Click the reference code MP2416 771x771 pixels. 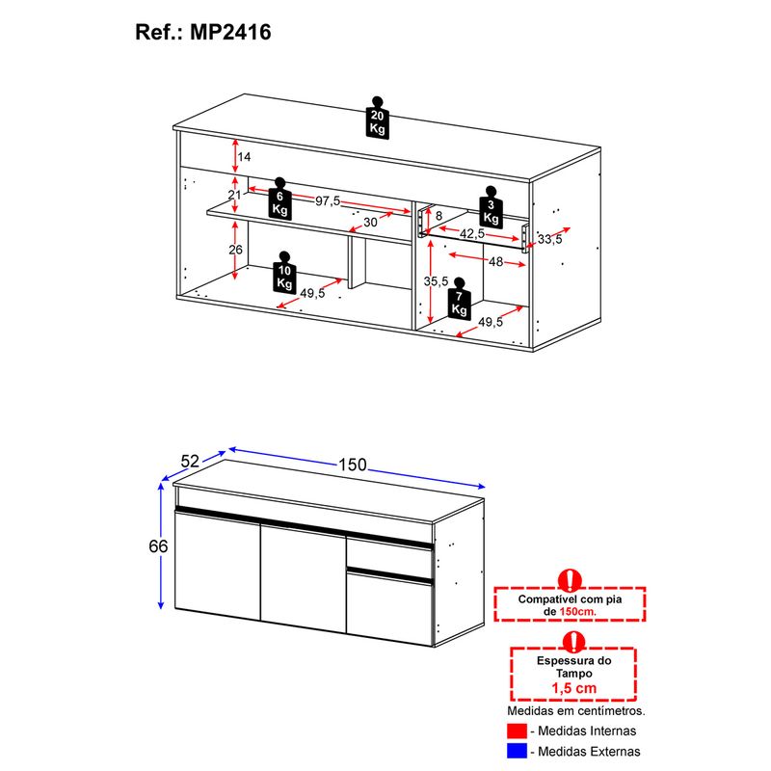pyautogui.click(x=230, y=33)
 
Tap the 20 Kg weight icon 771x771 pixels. pyautogui.click(x=377, y=118)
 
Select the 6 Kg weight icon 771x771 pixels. pyautogui.click(x=279, y=199)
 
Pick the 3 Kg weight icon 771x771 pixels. pyautogui.click(x=491, y=207)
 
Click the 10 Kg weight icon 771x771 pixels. pyautogui.click(x=284, y=273)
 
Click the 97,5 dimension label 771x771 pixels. pyautogui.click(x=328, y=201)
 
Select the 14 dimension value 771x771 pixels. pyautogui.click(x=244, y=157)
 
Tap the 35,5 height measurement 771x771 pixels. pyautogui.click(x=437, y=281)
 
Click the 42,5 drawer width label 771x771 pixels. pyautogui.click(x=472, y=234)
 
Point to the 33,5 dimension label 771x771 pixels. pyautogui.click(x=549, y=239)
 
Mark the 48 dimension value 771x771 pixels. pyautogui.click(x=495, y=261)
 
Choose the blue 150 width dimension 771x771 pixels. pyautogui.click(x=353, y=465)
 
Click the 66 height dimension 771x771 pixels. pyautogui.click(x=158, y=546)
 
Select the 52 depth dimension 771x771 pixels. pyautogui.click(x=190, y=462)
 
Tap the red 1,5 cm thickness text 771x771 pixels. pyautogui.click(x=573, y=688)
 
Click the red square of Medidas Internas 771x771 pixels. pyautogui.click(x=517, y=731)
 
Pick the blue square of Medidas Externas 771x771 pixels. pyautogui.click(x=517, y=751)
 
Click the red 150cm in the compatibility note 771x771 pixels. pyautogui.click(x=577, y=612)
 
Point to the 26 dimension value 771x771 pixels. pyautogui.click(x=235, y=250)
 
